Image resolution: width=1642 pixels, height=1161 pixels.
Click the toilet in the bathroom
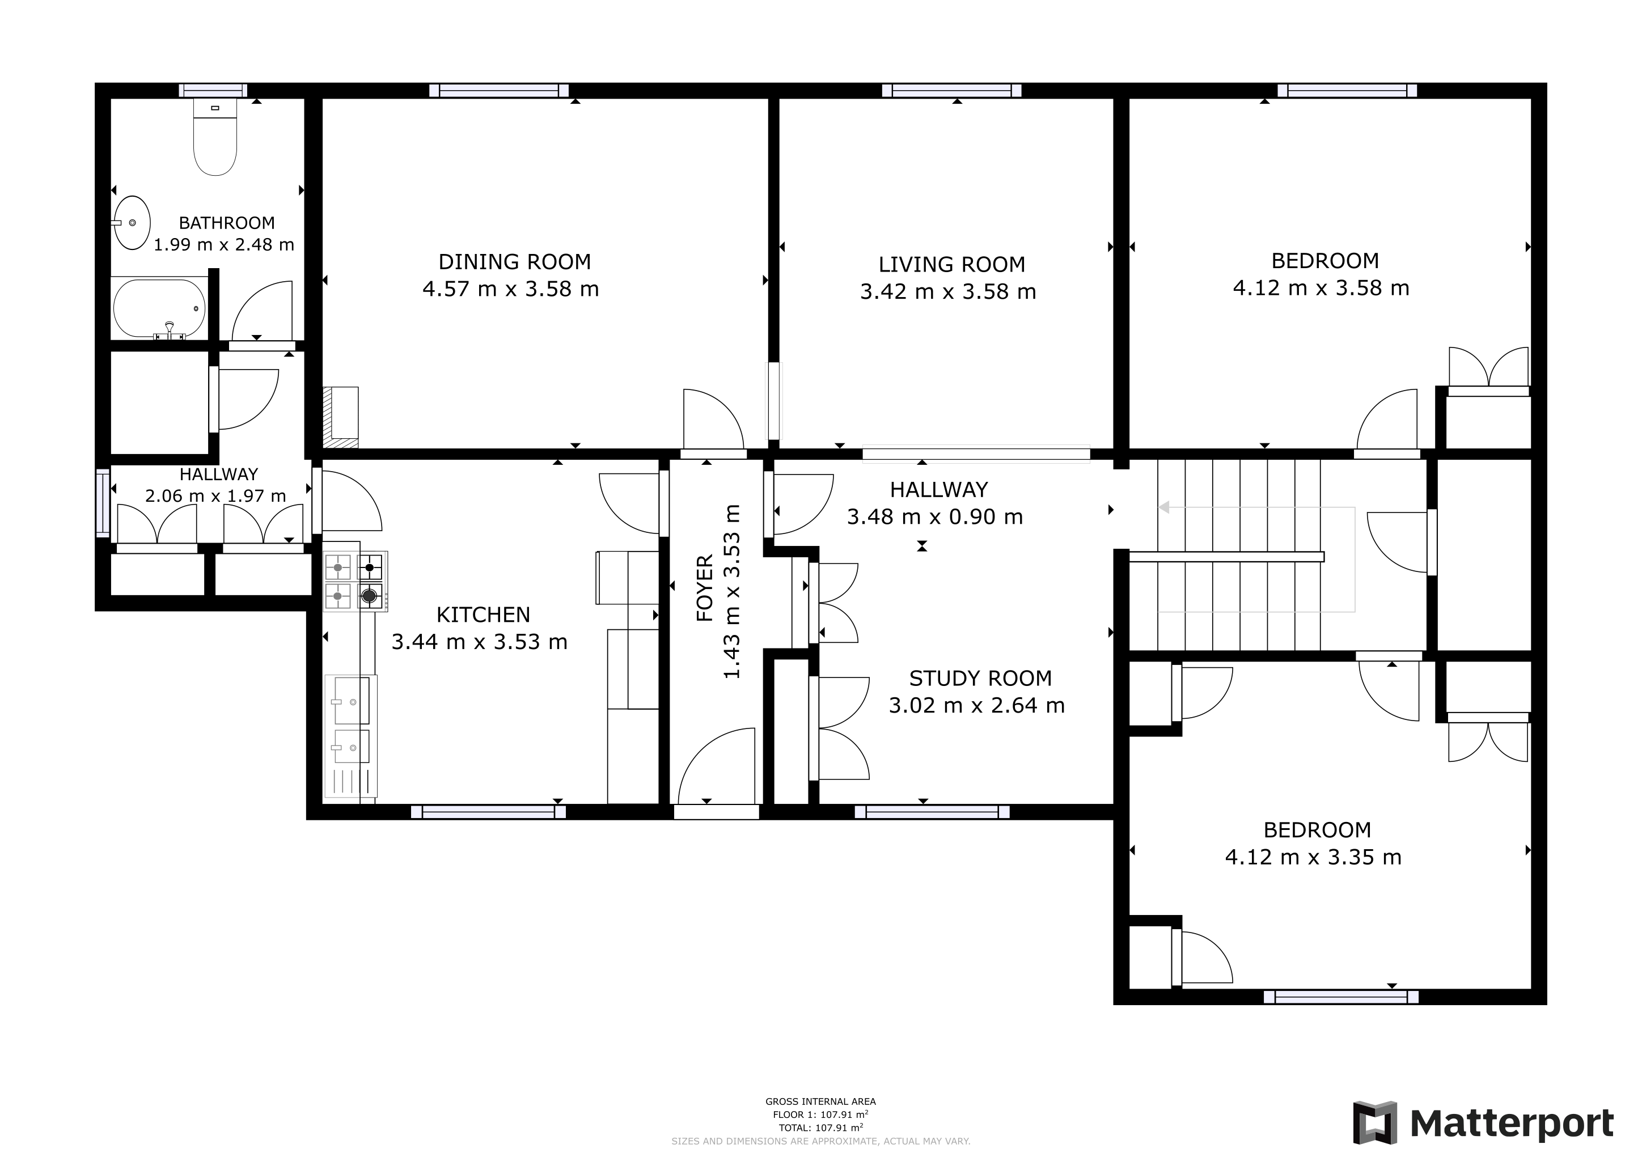(x=215, y=139)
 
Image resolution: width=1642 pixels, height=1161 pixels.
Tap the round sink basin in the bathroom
(x=132, y=222)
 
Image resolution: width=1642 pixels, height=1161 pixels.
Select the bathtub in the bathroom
(x=159, y=308)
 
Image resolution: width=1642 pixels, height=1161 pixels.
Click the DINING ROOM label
(x=514, y=262)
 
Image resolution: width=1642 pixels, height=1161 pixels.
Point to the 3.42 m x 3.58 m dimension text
(x=947, y=292)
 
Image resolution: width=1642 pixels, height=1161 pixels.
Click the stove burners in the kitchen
(x=355, y=580)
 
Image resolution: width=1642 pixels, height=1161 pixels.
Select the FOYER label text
(x=705, y=588)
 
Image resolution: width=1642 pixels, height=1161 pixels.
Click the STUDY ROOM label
(x=980, y=678)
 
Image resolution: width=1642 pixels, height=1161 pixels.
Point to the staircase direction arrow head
(x=1163, y=507)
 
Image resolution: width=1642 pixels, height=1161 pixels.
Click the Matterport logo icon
(x=1374, y=1122)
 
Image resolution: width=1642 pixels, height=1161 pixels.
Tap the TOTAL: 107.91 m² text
(x=820, y=1128)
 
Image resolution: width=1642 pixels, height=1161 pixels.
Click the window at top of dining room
(x=498, y=91)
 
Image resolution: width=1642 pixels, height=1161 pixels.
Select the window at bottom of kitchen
(x=488, y=811)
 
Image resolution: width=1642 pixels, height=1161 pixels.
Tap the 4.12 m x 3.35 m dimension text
(x=1313, y=857)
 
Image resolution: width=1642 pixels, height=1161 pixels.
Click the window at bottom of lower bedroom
(x=1340, y=997)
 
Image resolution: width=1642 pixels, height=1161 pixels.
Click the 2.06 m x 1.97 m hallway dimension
(x=215, y=495)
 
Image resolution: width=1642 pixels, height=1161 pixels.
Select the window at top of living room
(x=951, y=91)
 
